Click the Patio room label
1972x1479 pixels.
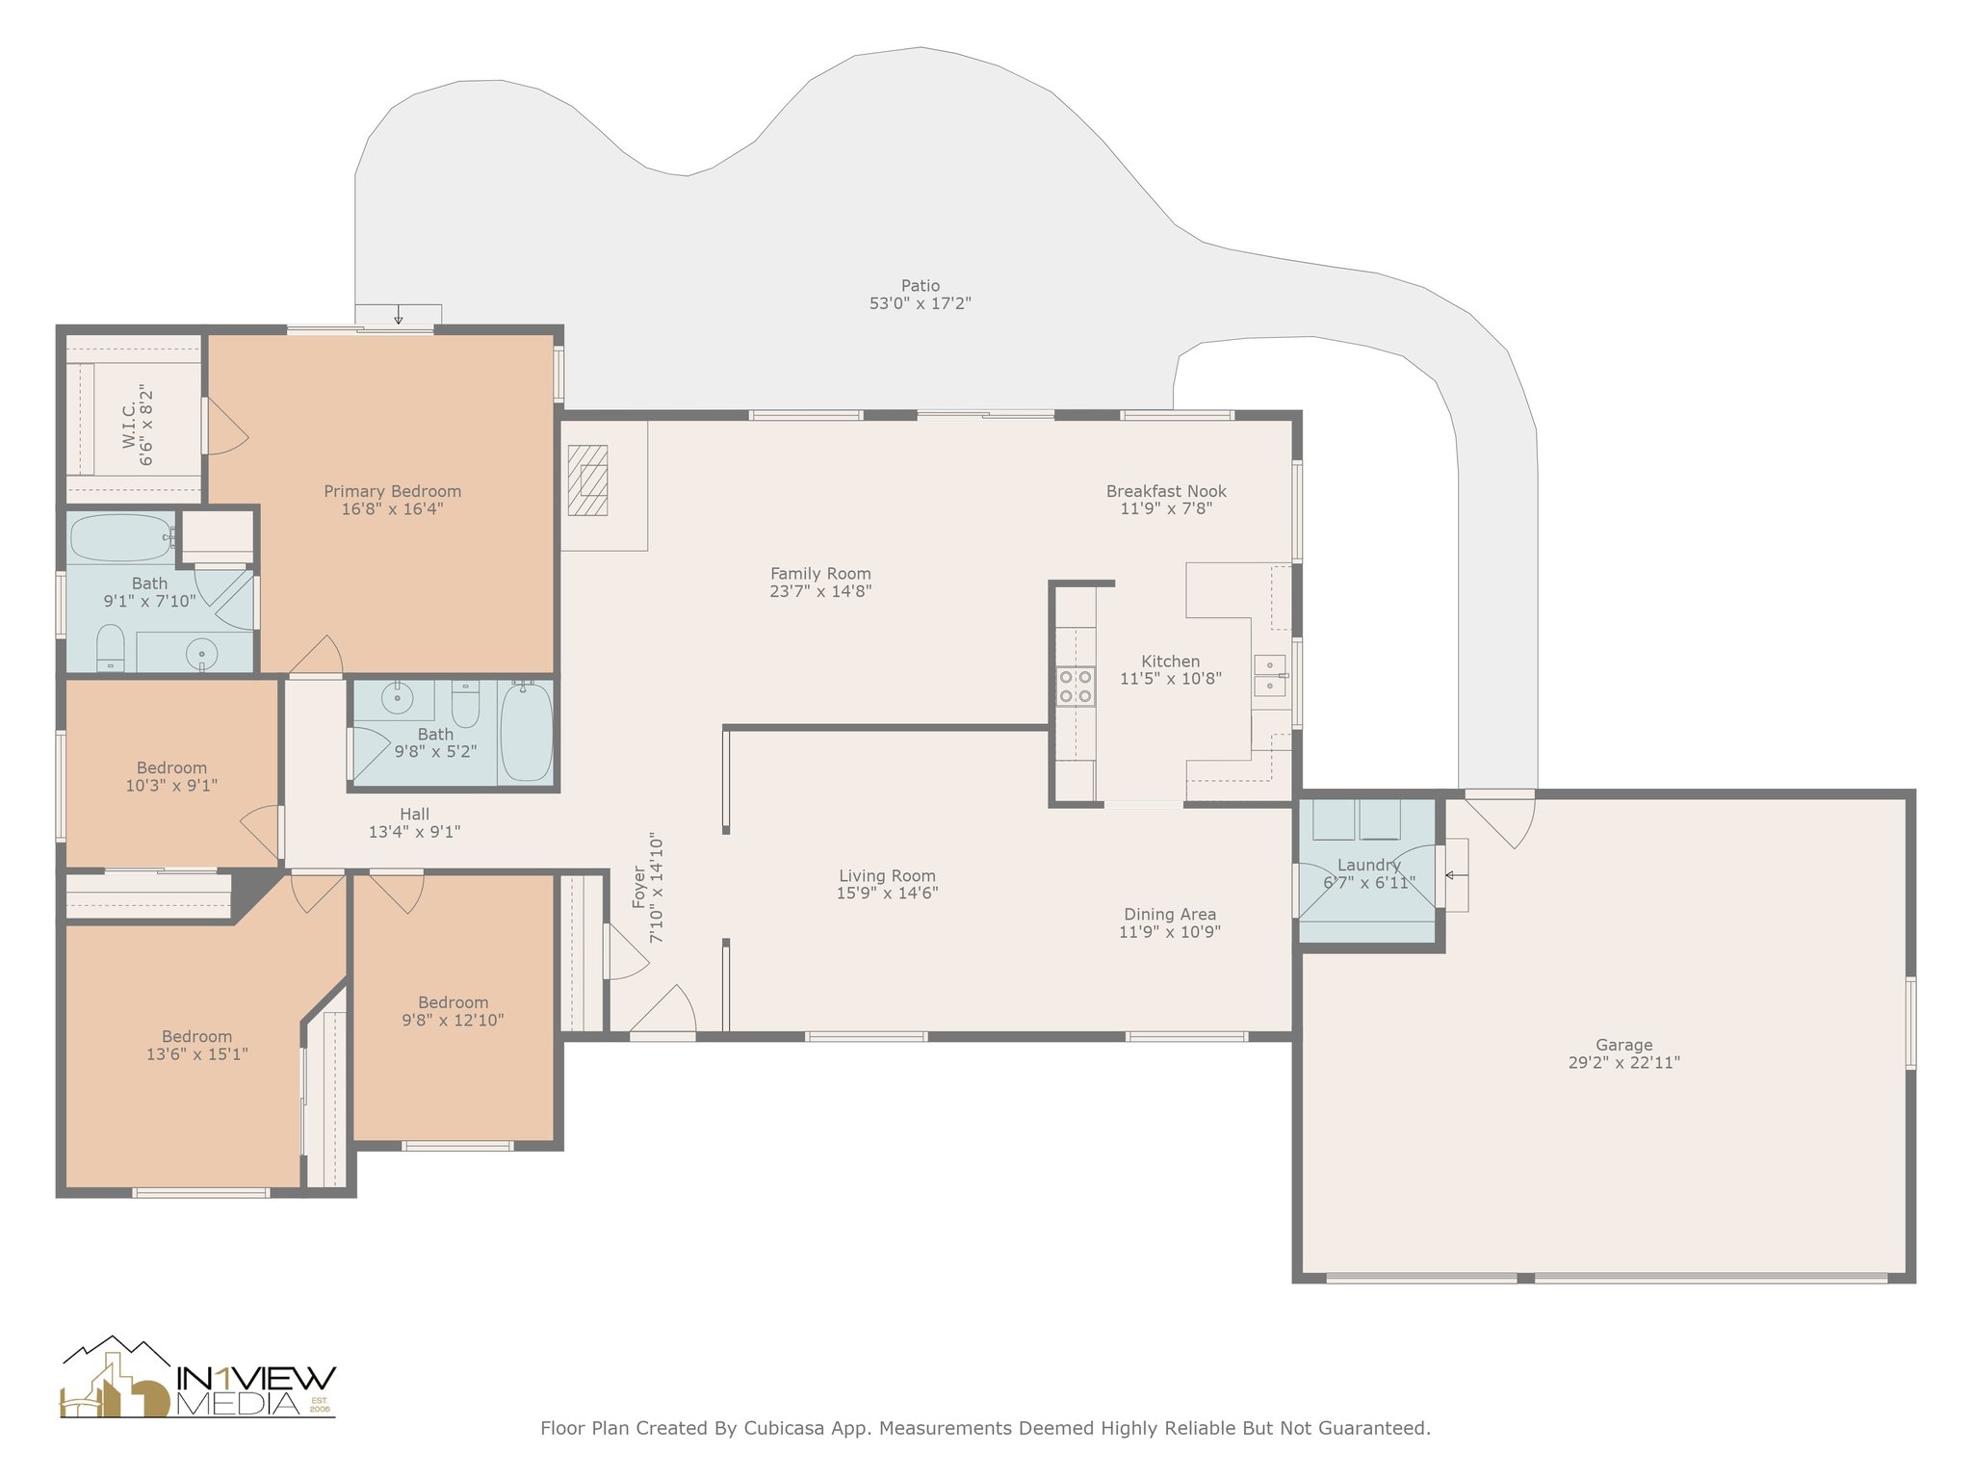(921, 285)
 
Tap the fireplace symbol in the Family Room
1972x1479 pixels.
(587, 480)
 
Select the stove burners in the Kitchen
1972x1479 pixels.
(1076, 686)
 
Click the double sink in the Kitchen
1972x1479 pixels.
(1270, 675)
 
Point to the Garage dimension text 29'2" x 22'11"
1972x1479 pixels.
(1623, 1062)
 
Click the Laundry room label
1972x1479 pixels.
(1368, 865)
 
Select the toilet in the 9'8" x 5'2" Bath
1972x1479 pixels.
(466, 704)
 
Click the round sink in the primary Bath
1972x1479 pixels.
(202, 654)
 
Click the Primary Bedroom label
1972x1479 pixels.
(392, 491)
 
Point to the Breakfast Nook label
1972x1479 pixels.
(1166, 491)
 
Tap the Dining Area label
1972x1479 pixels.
(1170, 914)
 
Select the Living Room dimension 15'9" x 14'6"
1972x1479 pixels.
(887, 893)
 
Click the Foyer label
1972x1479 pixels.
(638, 887)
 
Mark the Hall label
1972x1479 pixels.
(414, 814)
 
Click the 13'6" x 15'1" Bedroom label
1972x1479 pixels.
(196, 1036)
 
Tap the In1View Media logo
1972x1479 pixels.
(198, 1378)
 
